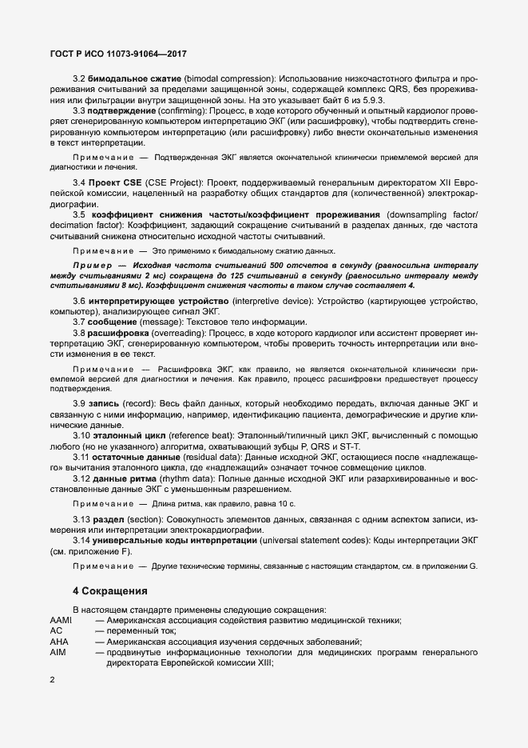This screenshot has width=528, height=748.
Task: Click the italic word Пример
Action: coord(92,264)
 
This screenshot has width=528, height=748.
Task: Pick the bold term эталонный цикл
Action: coord(132,434)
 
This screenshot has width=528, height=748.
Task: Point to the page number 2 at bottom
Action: coord(52,681)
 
